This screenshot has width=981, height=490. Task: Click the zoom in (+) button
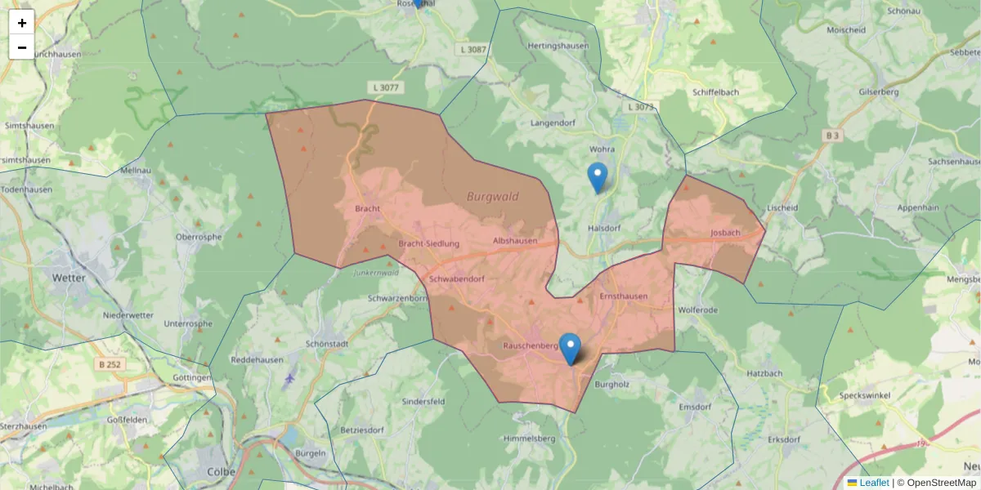point(22,23)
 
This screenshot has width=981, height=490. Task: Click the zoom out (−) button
point(22,47)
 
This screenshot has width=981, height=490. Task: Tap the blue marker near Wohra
point(598,176)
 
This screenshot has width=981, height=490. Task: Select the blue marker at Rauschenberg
point(570,348)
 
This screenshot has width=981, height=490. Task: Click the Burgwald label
point(498,197)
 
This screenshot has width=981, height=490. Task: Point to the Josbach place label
point(725,233)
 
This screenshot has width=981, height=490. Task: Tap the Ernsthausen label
point(623,296)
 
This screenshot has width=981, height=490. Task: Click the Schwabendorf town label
point(457,279)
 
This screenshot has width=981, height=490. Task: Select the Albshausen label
point(515,242)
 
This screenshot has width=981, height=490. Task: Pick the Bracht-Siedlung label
point(429,244)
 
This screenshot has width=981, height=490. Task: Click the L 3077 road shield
point(385,87)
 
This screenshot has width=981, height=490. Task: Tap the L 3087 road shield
point(471,51)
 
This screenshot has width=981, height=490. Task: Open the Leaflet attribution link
point(874,483)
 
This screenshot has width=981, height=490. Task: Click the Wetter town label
point(68,278)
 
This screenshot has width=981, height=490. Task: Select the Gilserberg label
point(879,92)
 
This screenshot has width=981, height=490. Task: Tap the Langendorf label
point(553,123)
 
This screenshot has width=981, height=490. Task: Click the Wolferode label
point(697,311)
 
